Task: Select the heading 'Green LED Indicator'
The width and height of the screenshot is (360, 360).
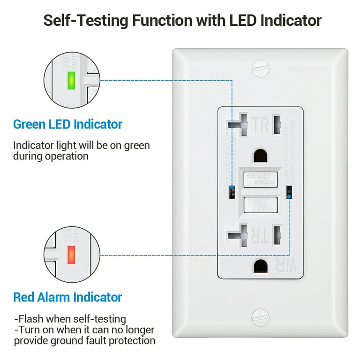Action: [x=67, y=124]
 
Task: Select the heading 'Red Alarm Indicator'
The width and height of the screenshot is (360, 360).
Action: [x=67, y=297]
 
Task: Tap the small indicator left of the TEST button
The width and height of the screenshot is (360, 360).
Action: [x=232, y=192]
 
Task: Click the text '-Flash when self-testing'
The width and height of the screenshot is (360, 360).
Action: [x=70, y=319]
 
